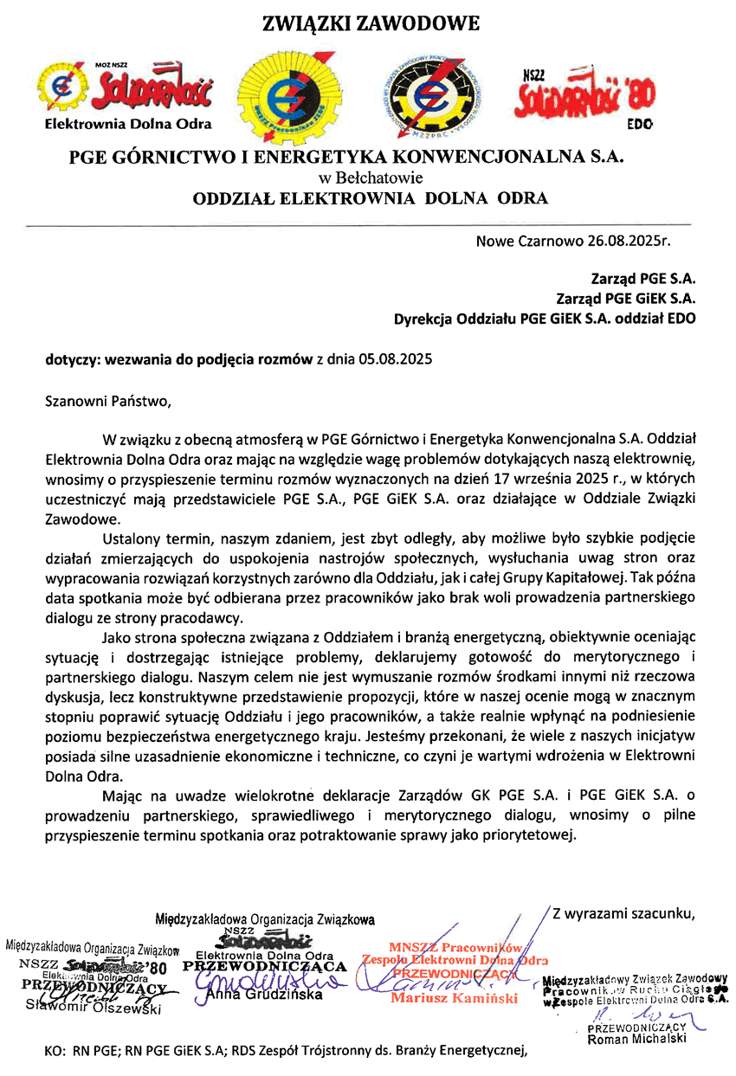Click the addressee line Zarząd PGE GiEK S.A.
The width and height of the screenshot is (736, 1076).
tap(626, 299)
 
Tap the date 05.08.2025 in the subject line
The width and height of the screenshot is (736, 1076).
tap(394, 358)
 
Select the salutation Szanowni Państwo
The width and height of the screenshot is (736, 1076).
tap(103, 401)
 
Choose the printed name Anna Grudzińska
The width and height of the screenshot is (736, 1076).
tap(265, 995)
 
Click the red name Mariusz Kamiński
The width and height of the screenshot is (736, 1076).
tap(455, 997)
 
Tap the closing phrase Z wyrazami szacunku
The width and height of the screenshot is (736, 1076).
tap(624, 912)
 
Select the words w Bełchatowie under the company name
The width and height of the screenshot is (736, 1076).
tap(371, 178)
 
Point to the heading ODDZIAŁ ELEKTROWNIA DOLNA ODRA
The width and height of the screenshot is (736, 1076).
tap(370, 198)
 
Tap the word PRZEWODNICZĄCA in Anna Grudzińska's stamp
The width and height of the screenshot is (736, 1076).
tap(265, 966)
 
